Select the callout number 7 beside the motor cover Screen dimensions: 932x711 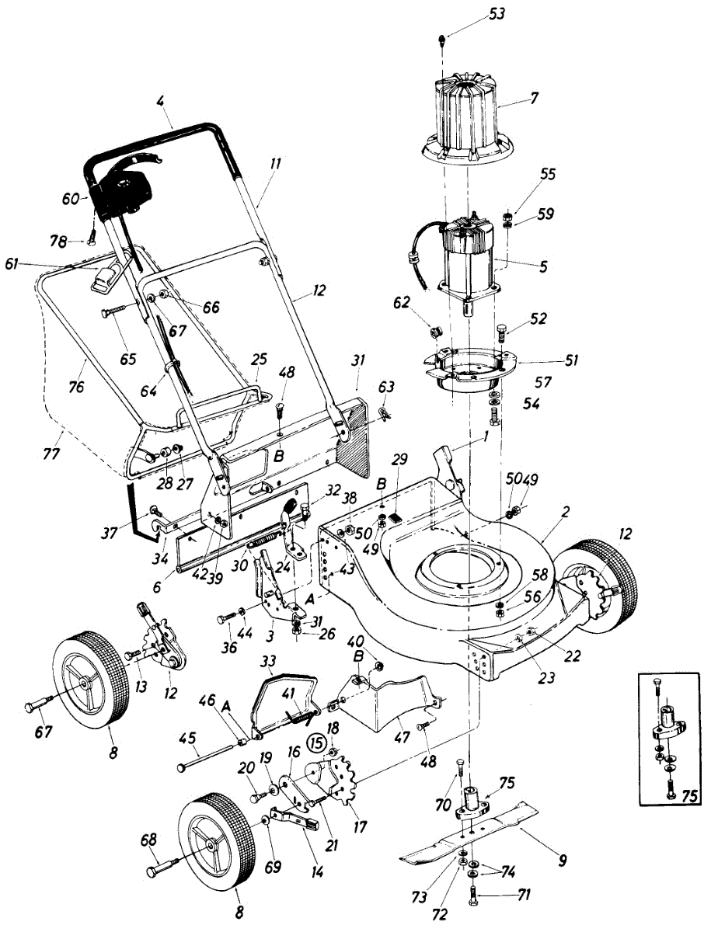tap(534, 99)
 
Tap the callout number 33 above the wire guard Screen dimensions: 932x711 tap(270, 662)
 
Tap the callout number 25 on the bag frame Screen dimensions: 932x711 tap(259, 361)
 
